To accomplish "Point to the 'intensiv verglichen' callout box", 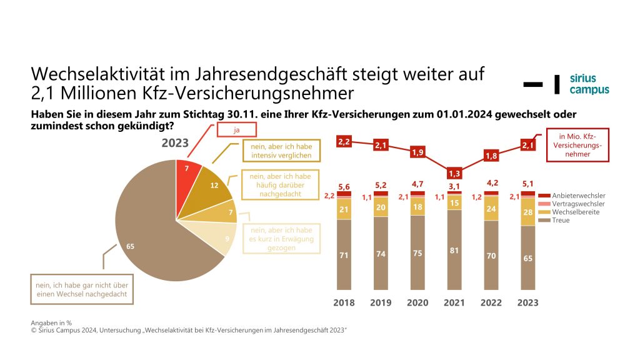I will point(278,151).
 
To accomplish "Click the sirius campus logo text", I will point(589,84).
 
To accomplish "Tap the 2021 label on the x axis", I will point(454,302).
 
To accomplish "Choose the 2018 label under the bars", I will point(344,302).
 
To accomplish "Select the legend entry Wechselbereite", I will point(566,212).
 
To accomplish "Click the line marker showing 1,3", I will point(454,173).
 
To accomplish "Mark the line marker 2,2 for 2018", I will point(344,142).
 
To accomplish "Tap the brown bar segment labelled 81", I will point(454,250).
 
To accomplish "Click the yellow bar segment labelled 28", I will point(528,212).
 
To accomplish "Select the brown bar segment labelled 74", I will point(381,253).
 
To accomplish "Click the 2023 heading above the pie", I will point(174,142).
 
